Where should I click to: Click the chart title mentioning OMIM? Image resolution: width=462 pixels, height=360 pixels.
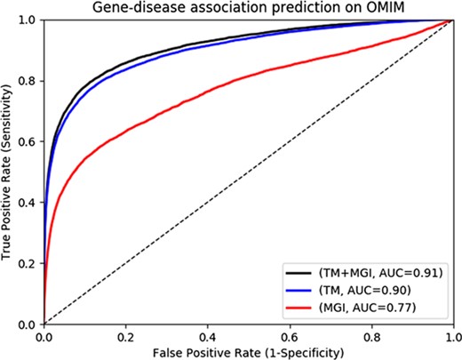tap(249, 8)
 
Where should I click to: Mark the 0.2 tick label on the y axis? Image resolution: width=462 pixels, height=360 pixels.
tap(29, 264)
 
